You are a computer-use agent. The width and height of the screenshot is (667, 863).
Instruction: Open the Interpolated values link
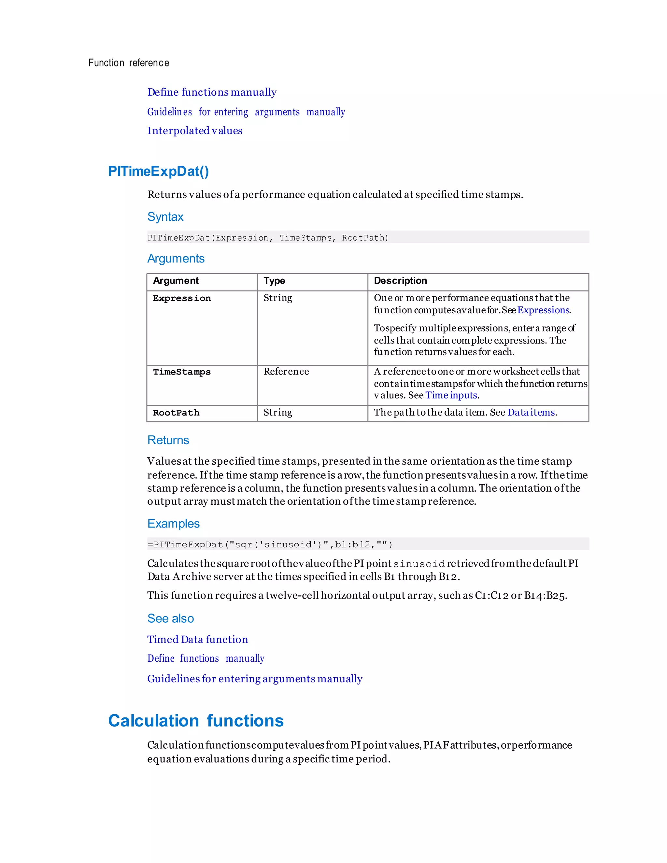[194, 131]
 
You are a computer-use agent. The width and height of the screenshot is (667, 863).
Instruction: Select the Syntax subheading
[165, 217]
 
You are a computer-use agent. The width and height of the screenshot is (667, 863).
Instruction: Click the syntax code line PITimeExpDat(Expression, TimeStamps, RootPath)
[267, 238]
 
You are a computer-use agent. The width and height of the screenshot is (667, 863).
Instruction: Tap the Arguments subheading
[176, 259]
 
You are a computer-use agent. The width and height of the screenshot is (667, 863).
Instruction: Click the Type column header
[274, 280]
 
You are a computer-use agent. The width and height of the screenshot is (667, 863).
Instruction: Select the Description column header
[400, 280]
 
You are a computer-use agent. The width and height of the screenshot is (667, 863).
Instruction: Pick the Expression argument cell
[182, 298]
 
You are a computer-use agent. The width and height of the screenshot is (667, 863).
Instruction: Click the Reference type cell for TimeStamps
[286, 372]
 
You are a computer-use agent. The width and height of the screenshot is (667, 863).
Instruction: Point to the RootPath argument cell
[176, 413]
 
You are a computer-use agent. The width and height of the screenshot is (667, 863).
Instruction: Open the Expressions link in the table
[543, 310]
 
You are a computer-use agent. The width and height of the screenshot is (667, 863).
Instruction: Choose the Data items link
[531, 413]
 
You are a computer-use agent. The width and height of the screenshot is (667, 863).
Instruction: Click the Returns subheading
[168, 440]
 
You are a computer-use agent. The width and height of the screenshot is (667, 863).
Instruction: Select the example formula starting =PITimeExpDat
[270, 545]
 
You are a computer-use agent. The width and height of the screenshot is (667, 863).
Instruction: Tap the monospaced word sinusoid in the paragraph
[419, 564]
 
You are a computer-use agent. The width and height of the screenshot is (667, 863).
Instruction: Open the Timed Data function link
[198, 639]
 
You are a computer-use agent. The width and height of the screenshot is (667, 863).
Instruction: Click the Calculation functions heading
[196, 721]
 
